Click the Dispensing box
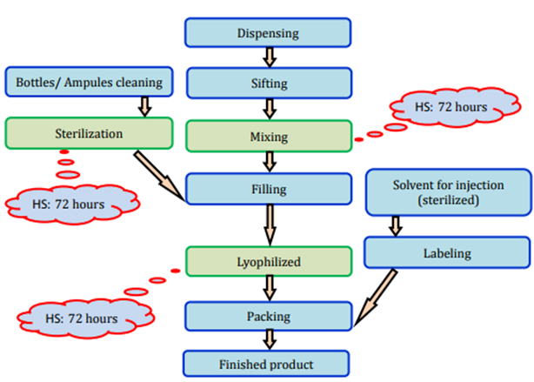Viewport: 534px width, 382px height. (x=268, y=34)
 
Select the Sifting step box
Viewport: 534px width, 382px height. (x=268, y=84)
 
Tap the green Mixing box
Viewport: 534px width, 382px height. (x=268, y=137)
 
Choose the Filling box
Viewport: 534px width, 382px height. (x=268, y=188)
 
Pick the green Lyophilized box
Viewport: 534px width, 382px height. (x=268, y=260)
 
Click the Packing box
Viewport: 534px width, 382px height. (x=268, y=317)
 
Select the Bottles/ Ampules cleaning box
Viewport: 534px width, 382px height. (x=89, y=84)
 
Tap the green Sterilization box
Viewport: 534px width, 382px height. (x=90, y=134)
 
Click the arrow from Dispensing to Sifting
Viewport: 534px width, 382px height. (x=269, y=57)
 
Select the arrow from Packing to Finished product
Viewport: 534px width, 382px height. (x=269, y=340)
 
